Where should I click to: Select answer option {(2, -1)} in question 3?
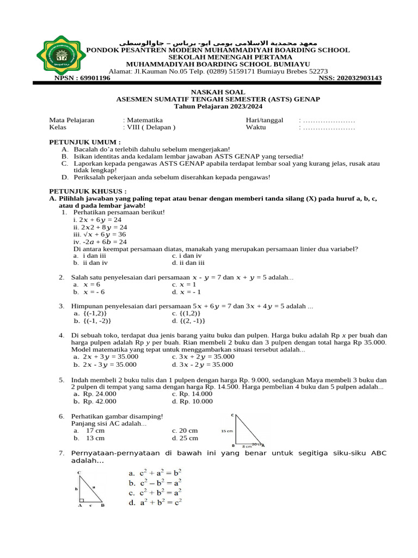pos(189,320)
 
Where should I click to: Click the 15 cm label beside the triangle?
pos(226,430)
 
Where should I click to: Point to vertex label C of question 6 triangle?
pos(233,416)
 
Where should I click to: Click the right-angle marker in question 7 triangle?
pos(82,500)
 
